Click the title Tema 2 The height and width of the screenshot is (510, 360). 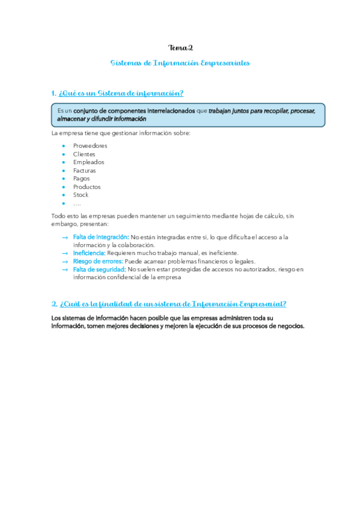[180, 48]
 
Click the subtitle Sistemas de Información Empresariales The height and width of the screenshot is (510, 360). [180, 63]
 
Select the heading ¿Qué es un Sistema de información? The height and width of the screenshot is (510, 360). [117, 93]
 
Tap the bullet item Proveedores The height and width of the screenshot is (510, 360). [90, 146]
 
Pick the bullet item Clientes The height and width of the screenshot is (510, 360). [84, 154]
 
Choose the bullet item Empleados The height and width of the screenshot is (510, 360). [88, 162]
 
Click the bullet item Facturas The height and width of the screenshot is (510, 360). [84, 170]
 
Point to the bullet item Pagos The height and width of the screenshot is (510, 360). [82, 179]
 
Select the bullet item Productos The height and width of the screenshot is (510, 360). [87, 186]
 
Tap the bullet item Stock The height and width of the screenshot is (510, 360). [81, 195]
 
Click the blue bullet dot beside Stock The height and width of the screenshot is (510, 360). [63, 195]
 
